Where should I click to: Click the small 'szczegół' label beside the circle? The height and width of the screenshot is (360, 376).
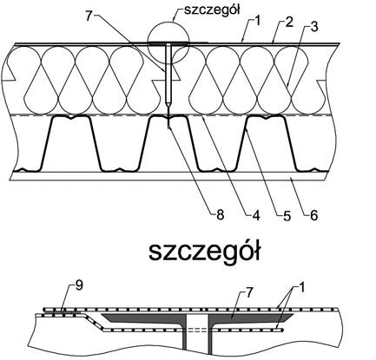tap(212, 10)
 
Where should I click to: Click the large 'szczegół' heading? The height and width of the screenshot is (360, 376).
tap(205, 252)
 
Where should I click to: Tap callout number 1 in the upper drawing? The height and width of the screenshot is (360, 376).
tap(257, 22)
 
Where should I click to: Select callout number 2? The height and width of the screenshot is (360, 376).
tap(288, 23)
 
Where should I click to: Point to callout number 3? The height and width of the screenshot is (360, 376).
tap(314, 26)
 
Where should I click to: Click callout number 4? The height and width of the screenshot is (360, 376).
tap(255, 215)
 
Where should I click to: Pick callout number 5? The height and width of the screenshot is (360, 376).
tap(287, 216)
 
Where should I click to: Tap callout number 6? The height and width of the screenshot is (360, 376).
tap(313, 215)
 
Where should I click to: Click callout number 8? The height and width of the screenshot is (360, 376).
tap(220, 215)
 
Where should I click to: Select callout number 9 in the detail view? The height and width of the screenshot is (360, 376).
tap(79, 285)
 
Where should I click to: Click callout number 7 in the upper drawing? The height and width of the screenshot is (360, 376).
tap(89, 16)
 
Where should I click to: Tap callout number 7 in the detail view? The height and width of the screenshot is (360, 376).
tap(249, 292)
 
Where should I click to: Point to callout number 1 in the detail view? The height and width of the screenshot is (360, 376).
tap(301, 288)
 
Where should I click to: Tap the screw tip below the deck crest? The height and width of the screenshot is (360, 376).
tap(168, 128)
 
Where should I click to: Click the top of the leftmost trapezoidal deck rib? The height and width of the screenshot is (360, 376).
tap(69, 116)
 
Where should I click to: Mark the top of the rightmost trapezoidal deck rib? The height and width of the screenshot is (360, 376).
tap(265, 116)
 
